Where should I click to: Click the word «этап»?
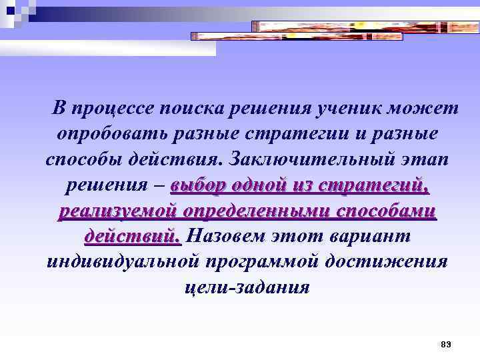tap(425, 160)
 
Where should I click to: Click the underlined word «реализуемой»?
tap(118, 211)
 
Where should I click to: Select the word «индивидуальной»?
tap(124, 262)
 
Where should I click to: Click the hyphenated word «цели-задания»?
tap(246, 288)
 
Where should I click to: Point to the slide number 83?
tap(446, 344)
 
